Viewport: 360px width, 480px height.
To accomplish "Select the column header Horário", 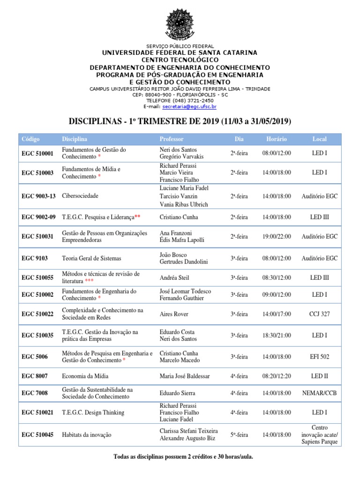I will pos(277,139).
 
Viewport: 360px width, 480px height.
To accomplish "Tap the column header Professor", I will pos(172,139).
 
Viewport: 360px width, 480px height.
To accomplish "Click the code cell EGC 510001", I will pos(37,153).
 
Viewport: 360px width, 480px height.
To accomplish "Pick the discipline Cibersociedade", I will pos(80,196).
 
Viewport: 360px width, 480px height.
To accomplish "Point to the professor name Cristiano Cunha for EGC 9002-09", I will pos(179,217).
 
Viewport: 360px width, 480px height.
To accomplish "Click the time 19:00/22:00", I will pos(277,237).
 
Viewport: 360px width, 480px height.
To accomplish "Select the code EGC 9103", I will pos(35,258).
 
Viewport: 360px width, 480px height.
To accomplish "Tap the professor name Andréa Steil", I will pos(174,278).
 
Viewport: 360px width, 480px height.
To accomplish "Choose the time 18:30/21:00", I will pos(277,335).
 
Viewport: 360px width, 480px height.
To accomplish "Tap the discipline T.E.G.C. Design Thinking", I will pos(93,412).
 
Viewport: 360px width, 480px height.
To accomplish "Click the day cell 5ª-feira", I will pos(239,435).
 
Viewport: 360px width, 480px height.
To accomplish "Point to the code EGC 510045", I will pos(37,435).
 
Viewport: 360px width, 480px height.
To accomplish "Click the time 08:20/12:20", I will pos(277,376).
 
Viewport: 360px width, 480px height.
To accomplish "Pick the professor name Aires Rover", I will pos(173,314).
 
